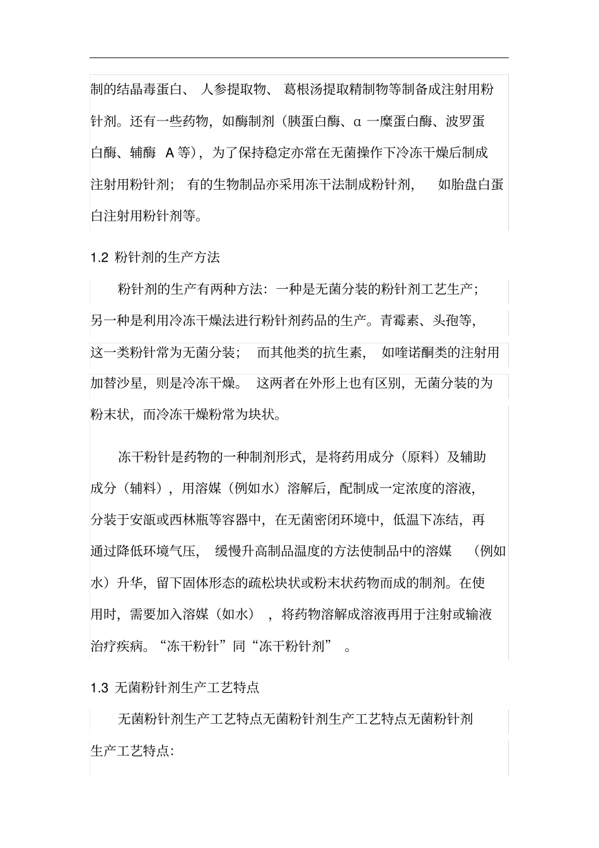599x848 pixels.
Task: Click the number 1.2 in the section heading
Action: coord(100,258)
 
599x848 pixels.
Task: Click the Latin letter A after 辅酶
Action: coord(170,153)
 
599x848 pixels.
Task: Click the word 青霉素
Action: coord(399,320)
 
